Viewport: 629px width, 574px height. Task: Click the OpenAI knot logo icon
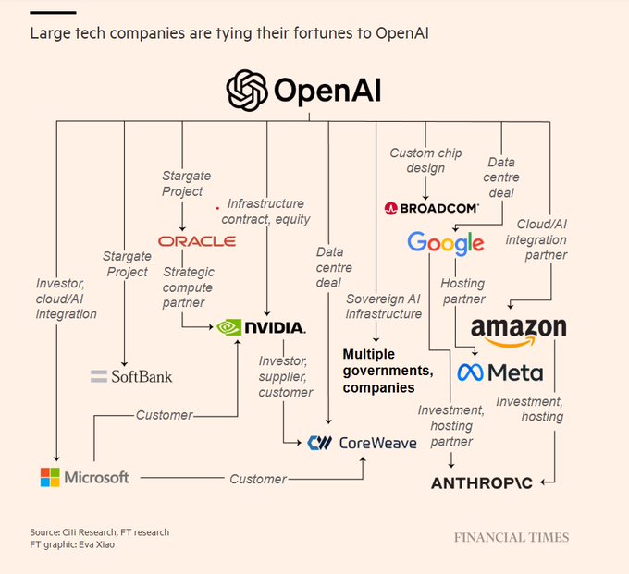click(248, 91)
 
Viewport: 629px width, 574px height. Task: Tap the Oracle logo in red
click(196, 241)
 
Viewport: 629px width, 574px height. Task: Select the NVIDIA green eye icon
click(229, 327)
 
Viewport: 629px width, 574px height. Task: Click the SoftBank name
click(141, 376)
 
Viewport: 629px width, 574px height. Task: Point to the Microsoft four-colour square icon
click(50, 478)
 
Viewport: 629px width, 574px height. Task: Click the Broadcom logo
click(431, 208)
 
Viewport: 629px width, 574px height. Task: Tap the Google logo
click(445, 244)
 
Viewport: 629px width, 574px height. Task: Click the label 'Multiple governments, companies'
click(388, 371)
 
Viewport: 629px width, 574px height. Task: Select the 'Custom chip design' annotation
click(425, 160)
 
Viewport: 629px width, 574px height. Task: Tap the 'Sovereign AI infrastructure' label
click(384, 306)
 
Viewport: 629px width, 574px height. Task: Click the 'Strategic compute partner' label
click(189, 287)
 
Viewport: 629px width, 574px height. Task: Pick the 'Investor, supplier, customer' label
click(285, 376)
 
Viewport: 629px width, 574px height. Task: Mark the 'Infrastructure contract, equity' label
click(267, 212)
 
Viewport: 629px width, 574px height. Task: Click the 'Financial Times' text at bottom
click(511, 537)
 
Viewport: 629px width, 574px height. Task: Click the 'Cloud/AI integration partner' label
click(542, 239)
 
